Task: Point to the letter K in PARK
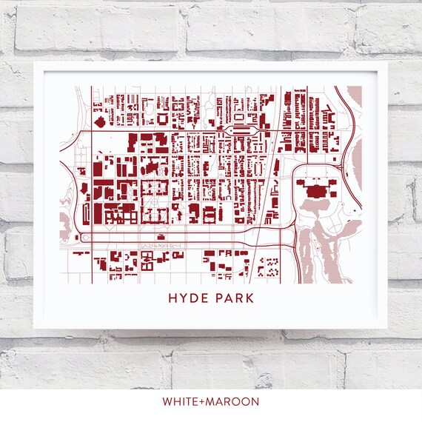point(249,299)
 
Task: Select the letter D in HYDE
point(194,299)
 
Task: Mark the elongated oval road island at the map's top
point(242,130)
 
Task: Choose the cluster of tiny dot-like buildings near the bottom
point(272,264)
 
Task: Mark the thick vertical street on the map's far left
point(90,185)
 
